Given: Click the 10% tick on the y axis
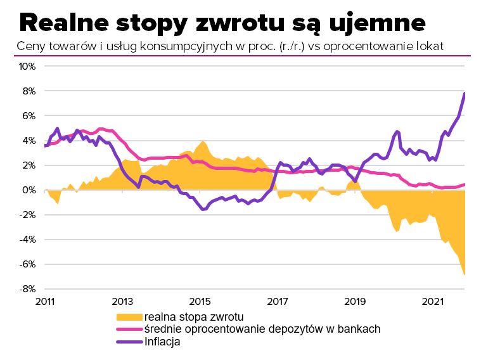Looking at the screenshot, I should pyautogui.click(x=27, y=67).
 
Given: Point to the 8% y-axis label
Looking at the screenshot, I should pyautogui.click(x=29, y=91).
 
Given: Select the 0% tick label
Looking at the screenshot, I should pyautogui.click(x=29, y=190).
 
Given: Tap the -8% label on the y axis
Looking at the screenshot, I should pyautogui.click(x=27, y=289).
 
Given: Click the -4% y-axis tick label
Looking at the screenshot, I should pyautogui.click(x=27, y=240).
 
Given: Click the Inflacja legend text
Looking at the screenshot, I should pyautogui.click(x=163, y=342).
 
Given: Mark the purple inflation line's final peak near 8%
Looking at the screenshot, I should pyautogui.click(x=465, y=94).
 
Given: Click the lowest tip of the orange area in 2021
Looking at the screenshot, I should pyautogui.click(x=465, y=274).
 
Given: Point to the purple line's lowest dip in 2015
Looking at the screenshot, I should pyautogui.click(x=203, y=209).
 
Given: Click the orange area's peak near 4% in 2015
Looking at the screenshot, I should pyautogui.click(x=202, y=141).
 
